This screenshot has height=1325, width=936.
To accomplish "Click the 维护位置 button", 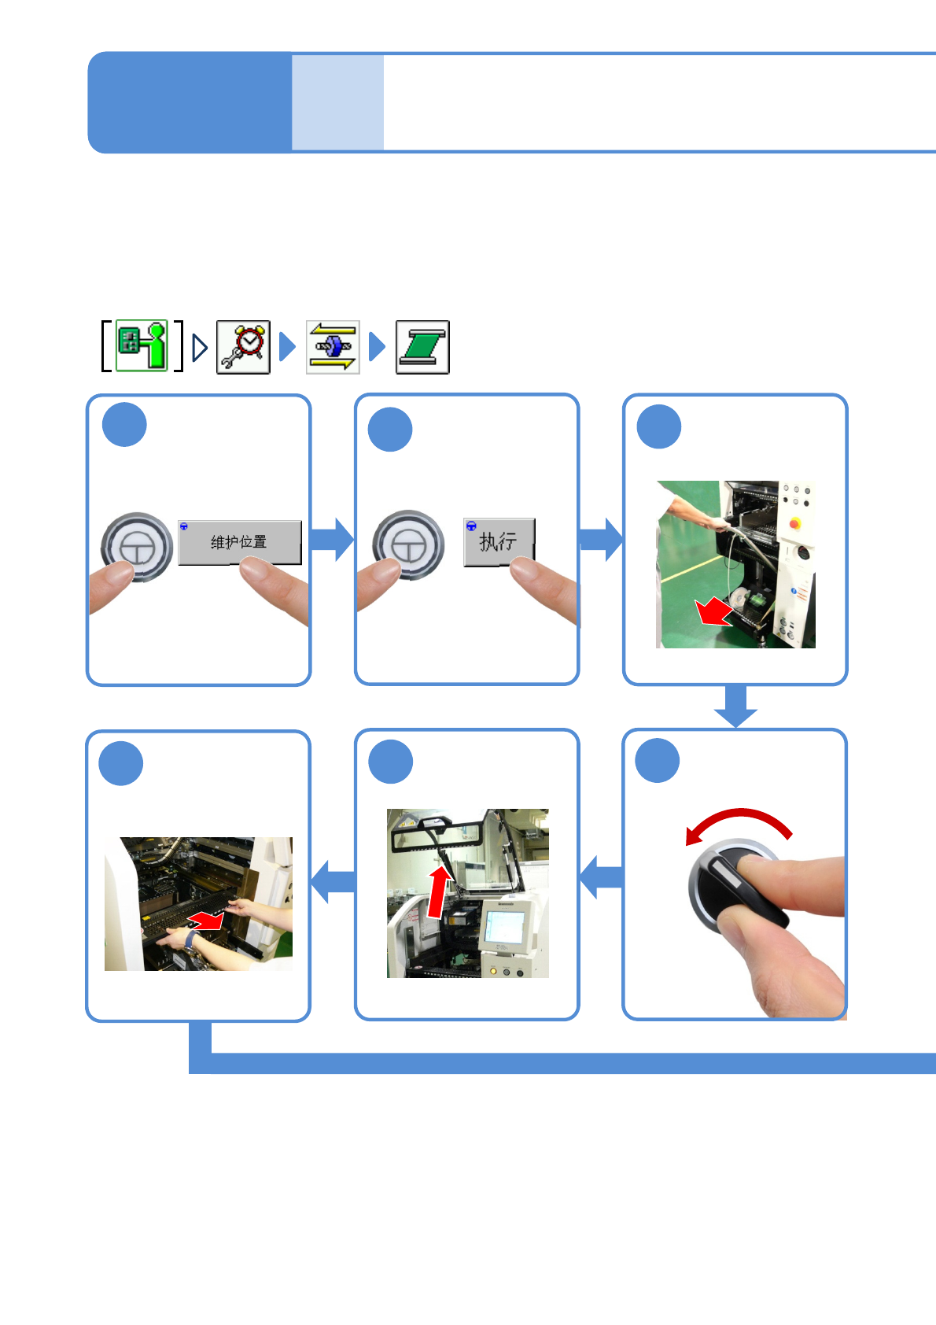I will click(x=239, y=542).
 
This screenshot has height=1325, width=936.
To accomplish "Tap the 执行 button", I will click(x=499, y=541).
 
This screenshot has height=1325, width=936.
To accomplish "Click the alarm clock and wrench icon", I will click(x=243, y=347).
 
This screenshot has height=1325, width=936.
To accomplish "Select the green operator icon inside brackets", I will click(x=142, y=345).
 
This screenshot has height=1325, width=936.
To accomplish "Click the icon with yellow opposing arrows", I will click(x=333, y=347).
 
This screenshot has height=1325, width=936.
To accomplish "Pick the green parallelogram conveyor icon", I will click(x=422, y=347).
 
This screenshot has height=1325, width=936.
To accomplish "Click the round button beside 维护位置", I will click(x=137, y=547).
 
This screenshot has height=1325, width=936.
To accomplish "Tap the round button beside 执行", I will click(x=408, y=544).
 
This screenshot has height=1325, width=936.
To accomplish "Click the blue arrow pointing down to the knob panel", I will click(x=735, y=707).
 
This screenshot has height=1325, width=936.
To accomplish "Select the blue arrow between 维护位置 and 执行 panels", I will click(x=332, y=540).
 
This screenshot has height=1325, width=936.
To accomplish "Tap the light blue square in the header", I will click(x=337, y=102).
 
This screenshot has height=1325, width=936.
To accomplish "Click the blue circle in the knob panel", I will click(x=657, y=761).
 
